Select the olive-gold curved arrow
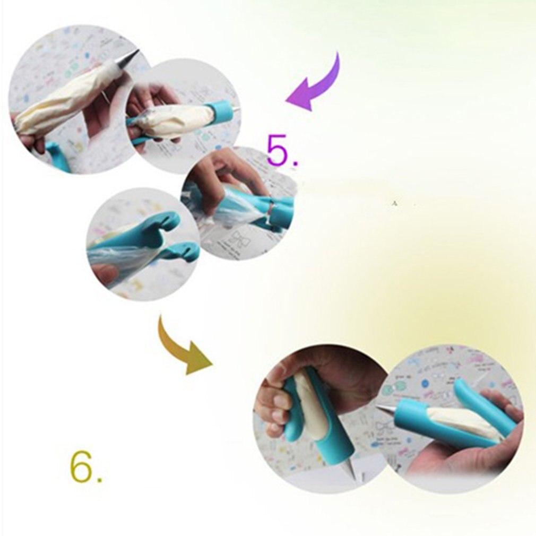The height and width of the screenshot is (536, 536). click(x=183, y=348)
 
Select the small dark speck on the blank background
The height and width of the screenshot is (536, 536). click(x=394, y=202)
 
